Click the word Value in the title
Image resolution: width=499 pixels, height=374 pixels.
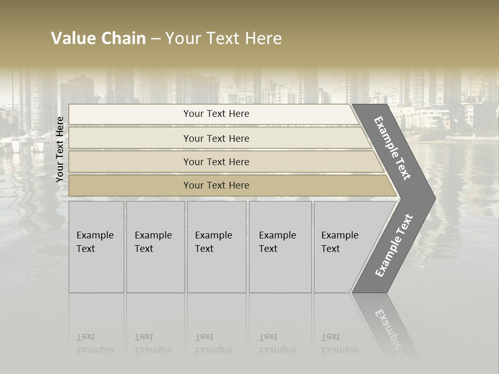73,38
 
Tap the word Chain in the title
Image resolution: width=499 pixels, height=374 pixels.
124,38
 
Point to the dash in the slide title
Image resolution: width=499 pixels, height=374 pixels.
155,39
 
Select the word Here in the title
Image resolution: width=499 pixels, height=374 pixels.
263,38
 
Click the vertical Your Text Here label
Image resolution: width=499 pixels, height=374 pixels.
60,150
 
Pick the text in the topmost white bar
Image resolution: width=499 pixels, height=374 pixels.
216,114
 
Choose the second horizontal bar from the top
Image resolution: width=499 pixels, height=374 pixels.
216,139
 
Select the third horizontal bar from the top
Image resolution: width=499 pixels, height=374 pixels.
216,162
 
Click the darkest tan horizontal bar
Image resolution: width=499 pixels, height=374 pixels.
216,185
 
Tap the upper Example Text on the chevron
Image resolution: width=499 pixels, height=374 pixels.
392,149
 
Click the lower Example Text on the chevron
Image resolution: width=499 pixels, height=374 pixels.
393,246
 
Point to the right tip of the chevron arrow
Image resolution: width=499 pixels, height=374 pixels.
434,198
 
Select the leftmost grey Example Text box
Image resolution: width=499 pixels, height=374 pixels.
96,247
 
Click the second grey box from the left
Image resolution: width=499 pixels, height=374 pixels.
155,247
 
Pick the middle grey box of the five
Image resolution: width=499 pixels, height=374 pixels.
216,247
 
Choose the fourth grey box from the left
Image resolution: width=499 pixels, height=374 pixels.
280,247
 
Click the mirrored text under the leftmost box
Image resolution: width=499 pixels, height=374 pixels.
95,343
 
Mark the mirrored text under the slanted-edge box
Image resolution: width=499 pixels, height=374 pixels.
340,343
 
